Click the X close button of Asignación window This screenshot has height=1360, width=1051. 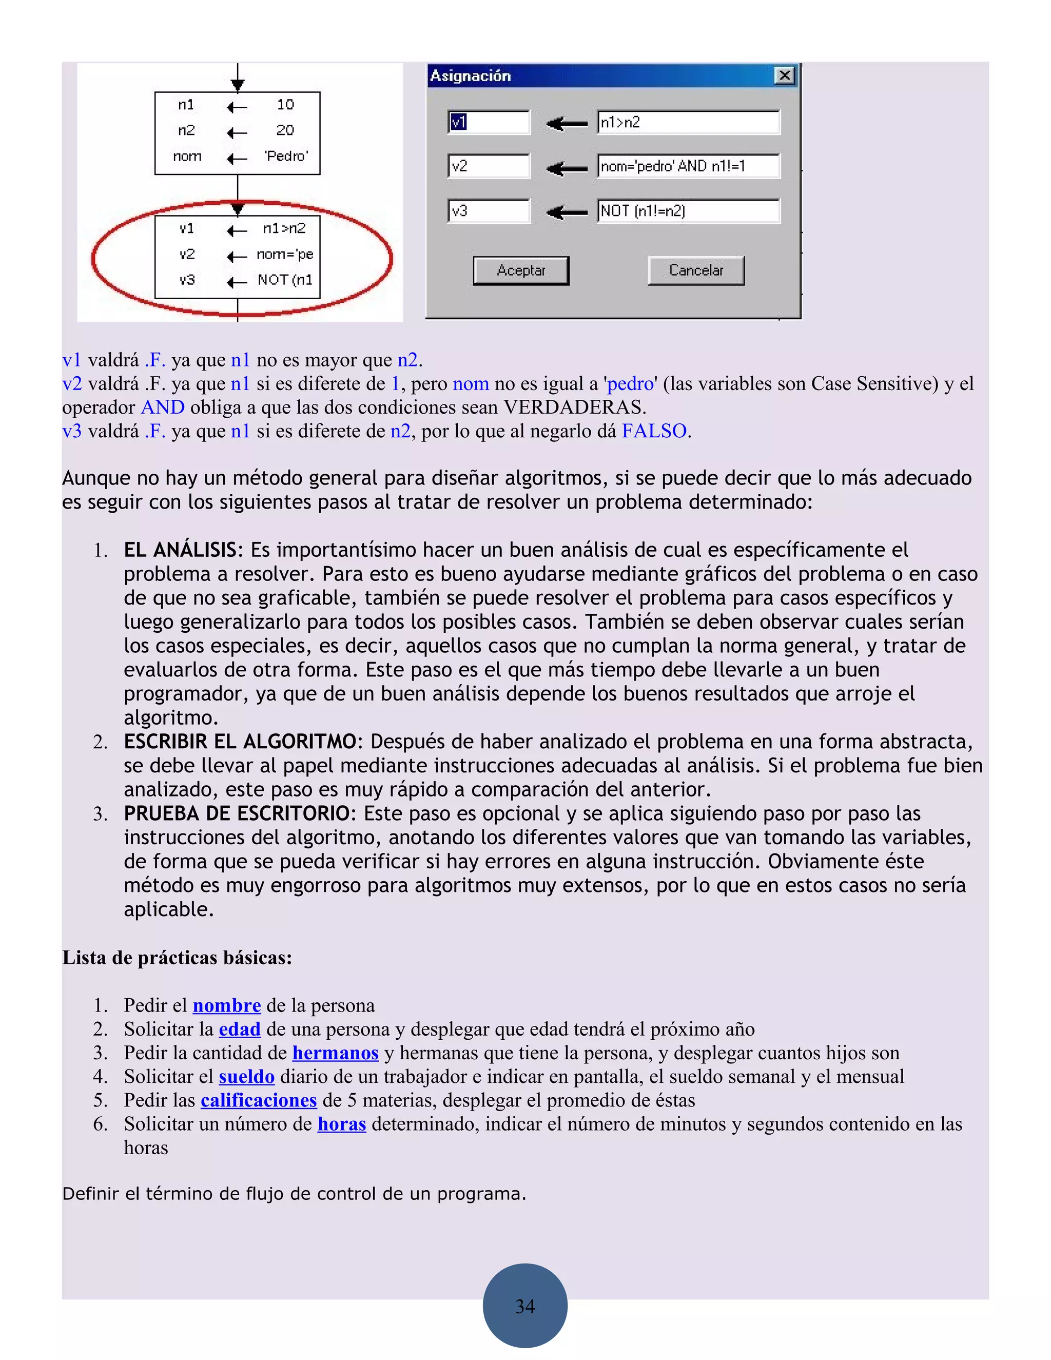tap(785, 75)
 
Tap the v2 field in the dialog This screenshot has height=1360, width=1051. tap(488, 166)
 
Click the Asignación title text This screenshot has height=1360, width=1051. tap(470, 76)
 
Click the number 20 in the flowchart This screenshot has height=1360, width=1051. tap(285, 130)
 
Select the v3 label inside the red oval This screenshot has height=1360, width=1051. tap(187, 280)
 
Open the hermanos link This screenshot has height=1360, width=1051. tap(335, 1053)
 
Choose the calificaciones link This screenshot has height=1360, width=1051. tap(259, 1100)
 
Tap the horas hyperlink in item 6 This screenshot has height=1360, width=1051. tap(341, 1123)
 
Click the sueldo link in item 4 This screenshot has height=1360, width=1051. tap(246, 1076)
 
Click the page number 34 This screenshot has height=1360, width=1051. tap(525, 1306)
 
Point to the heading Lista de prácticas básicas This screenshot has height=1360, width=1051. tap(177, 957)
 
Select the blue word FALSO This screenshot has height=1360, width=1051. tap(654, 431)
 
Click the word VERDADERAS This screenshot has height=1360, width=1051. tap(573, 407)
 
